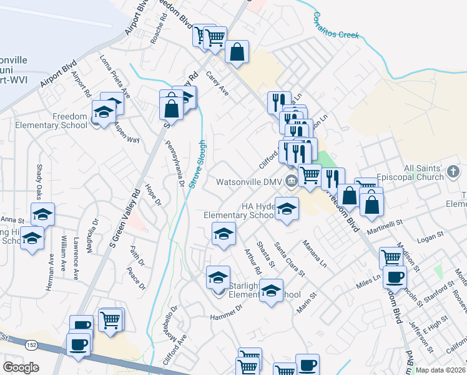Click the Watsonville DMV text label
(248, 182)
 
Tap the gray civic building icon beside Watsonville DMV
(291, 182)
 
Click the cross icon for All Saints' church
(454, 171)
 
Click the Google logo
(21, 367)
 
